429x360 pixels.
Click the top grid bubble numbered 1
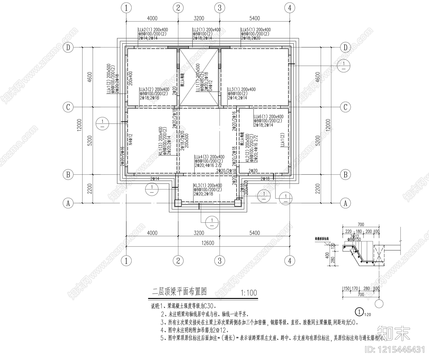click(126, 8)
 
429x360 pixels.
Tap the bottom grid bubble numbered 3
click(220, 260)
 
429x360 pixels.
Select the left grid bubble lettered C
click(68, 107)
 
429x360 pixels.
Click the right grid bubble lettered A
click(345, 203)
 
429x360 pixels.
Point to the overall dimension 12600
click(208, 243)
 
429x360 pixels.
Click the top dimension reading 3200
click(199, 18)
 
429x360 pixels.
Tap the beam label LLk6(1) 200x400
click(268, 117)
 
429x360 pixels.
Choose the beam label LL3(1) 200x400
click(241, 89)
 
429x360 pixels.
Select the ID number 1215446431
click(395, 350)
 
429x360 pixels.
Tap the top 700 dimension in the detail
click(361, 225)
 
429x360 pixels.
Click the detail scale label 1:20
click(367, 314)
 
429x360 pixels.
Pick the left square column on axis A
click(178, 203)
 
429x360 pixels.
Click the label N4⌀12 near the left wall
click(131, 139)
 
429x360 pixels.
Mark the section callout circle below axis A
click(212, 222)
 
